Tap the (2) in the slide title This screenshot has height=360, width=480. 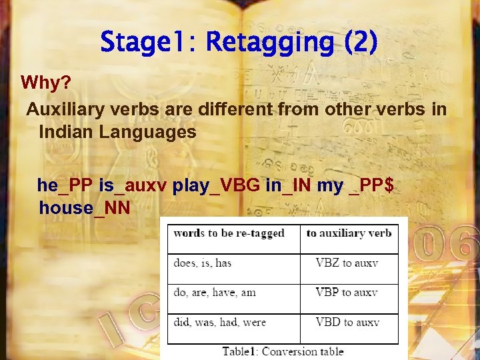[361, 43]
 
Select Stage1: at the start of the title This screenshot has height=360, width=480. [148, 43]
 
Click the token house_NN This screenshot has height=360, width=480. [85, 208]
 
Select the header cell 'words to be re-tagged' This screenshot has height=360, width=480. [229, 233]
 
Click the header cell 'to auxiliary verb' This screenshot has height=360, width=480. [349, 233]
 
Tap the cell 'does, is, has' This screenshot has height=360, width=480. [203, 263]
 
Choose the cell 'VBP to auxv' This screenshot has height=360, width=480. [347, 292]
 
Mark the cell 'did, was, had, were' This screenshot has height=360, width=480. [219, 322]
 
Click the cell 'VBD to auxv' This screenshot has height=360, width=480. [347, 322]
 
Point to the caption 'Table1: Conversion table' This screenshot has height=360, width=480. [283, 351]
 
